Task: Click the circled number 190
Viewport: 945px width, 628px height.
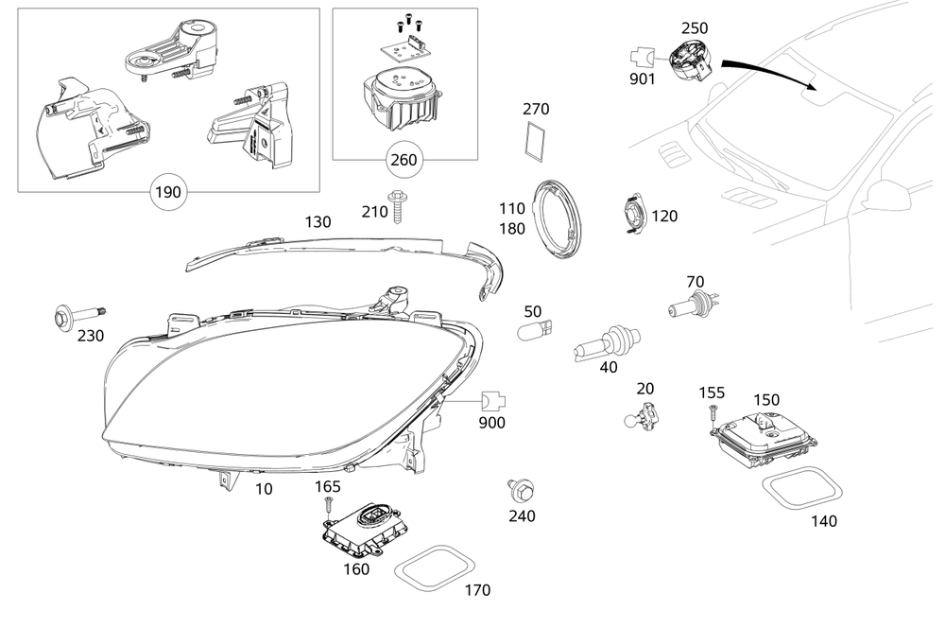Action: coord(167,192)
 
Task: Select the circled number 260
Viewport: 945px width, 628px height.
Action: coord(403,160)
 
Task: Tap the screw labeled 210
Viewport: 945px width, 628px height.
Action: coord(400,206)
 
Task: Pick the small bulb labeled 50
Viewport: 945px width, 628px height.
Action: coord(533,331)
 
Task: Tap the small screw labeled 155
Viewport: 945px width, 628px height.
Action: coord(710,412)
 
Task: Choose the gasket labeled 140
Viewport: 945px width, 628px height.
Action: coord(801,489)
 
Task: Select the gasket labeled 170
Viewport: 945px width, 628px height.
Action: coord(433,567)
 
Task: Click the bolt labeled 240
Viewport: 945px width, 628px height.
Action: coord(519,490)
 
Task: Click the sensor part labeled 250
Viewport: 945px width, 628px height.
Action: coord(694,64)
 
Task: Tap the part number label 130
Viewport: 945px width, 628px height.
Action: coord(318,222)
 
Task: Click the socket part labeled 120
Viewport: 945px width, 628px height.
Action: coord(634,215)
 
